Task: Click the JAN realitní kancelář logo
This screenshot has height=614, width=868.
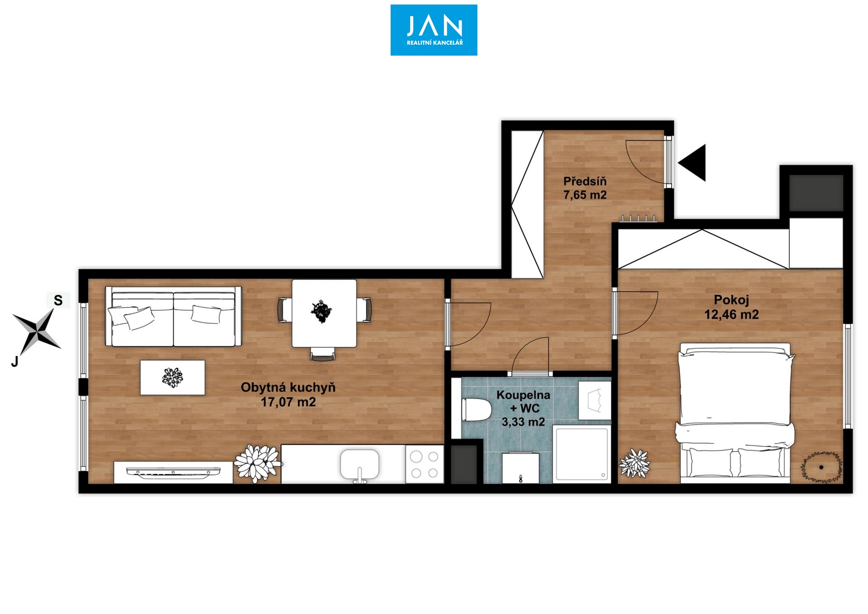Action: (434, 30)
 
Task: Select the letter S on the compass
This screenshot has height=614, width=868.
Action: (58, 300)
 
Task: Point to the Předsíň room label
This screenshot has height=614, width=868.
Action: (585, 181)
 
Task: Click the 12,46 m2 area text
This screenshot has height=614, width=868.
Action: (731, 315)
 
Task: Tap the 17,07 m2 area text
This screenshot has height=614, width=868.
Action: (288, 402)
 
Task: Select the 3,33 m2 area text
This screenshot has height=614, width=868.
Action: (523, 422)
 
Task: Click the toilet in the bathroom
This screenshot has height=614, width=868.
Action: (476, 410)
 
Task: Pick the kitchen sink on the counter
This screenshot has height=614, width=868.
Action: (359, 465)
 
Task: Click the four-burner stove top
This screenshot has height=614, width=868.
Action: (424, 464)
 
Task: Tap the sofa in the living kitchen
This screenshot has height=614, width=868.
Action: (173, 316)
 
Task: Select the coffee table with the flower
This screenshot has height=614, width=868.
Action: (172, 378)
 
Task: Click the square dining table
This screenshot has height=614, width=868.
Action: (324, 313)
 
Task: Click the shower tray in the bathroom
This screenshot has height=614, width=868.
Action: (581, 453)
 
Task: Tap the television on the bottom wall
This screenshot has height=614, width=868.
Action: (173, 472)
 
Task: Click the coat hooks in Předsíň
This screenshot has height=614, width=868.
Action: (638, 218)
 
